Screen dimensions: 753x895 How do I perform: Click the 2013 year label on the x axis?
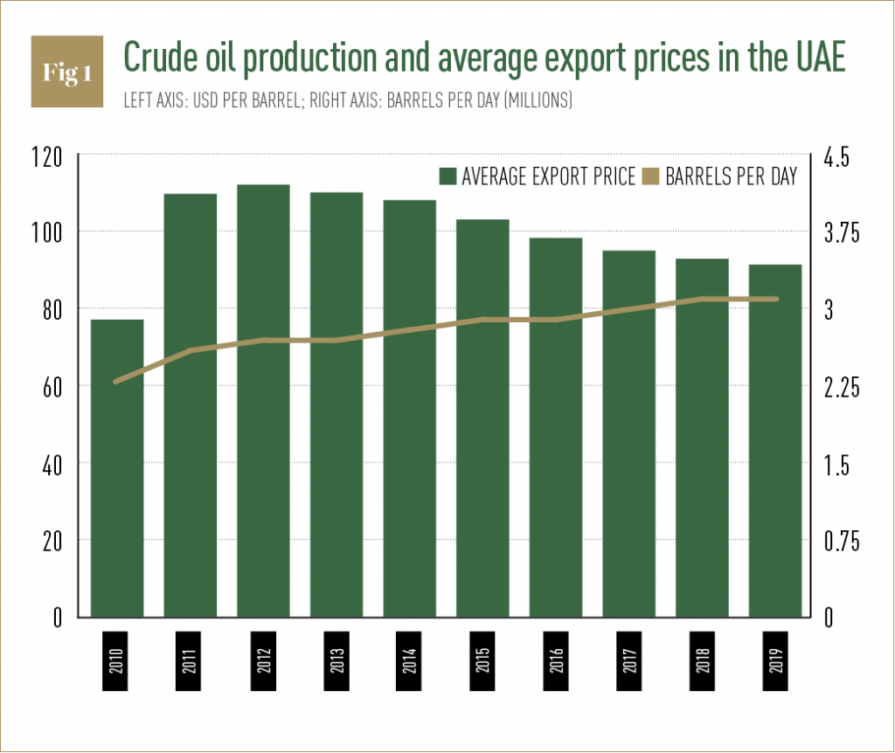point(336,660)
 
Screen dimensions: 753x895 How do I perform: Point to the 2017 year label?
point(628,660)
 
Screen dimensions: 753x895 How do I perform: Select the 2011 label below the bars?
point(191,660)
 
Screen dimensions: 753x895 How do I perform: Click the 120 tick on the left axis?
point(46,158)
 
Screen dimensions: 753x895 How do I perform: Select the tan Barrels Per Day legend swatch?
point(650,177)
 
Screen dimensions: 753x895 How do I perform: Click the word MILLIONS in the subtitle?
point(534,101)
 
